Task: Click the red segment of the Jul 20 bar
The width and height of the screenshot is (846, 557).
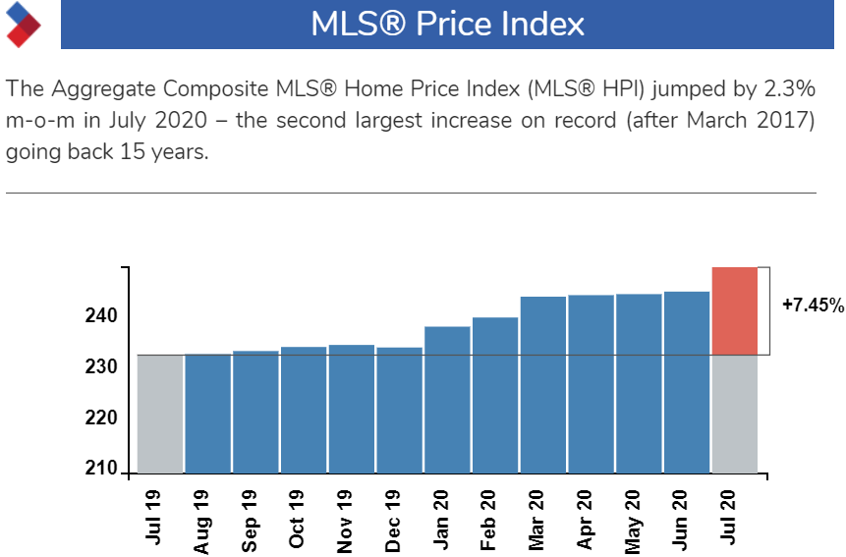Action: click(734, 310)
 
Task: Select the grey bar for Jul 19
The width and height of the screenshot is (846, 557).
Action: click(159, 414)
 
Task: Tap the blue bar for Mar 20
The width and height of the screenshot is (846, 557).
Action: click(542, 384)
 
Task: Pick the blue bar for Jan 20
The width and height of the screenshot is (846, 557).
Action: click(447, 399)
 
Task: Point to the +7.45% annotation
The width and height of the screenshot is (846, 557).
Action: click(813, 306)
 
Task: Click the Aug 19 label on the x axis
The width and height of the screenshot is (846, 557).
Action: click(202, 521)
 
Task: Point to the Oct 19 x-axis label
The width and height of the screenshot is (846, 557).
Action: click(298, 521)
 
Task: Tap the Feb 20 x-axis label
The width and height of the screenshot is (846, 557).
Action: click(489, 521)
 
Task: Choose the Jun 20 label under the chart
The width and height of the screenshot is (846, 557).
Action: click(681, 521)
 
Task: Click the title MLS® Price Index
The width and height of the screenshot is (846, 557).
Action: click(447, 24)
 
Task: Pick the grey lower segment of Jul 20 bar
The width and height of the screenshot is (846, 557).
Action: click(734, 414)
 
